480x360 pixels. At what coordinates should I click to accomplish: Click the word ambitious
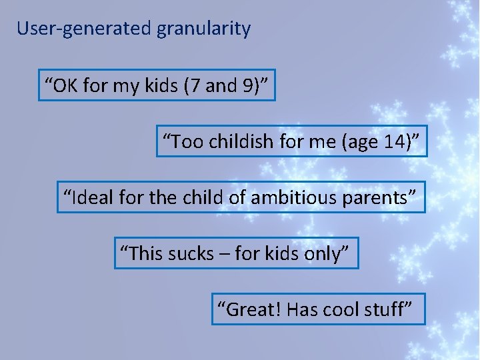pos(299,197)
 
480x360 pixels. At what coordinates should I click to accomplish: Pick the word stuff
pos(387,309)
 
